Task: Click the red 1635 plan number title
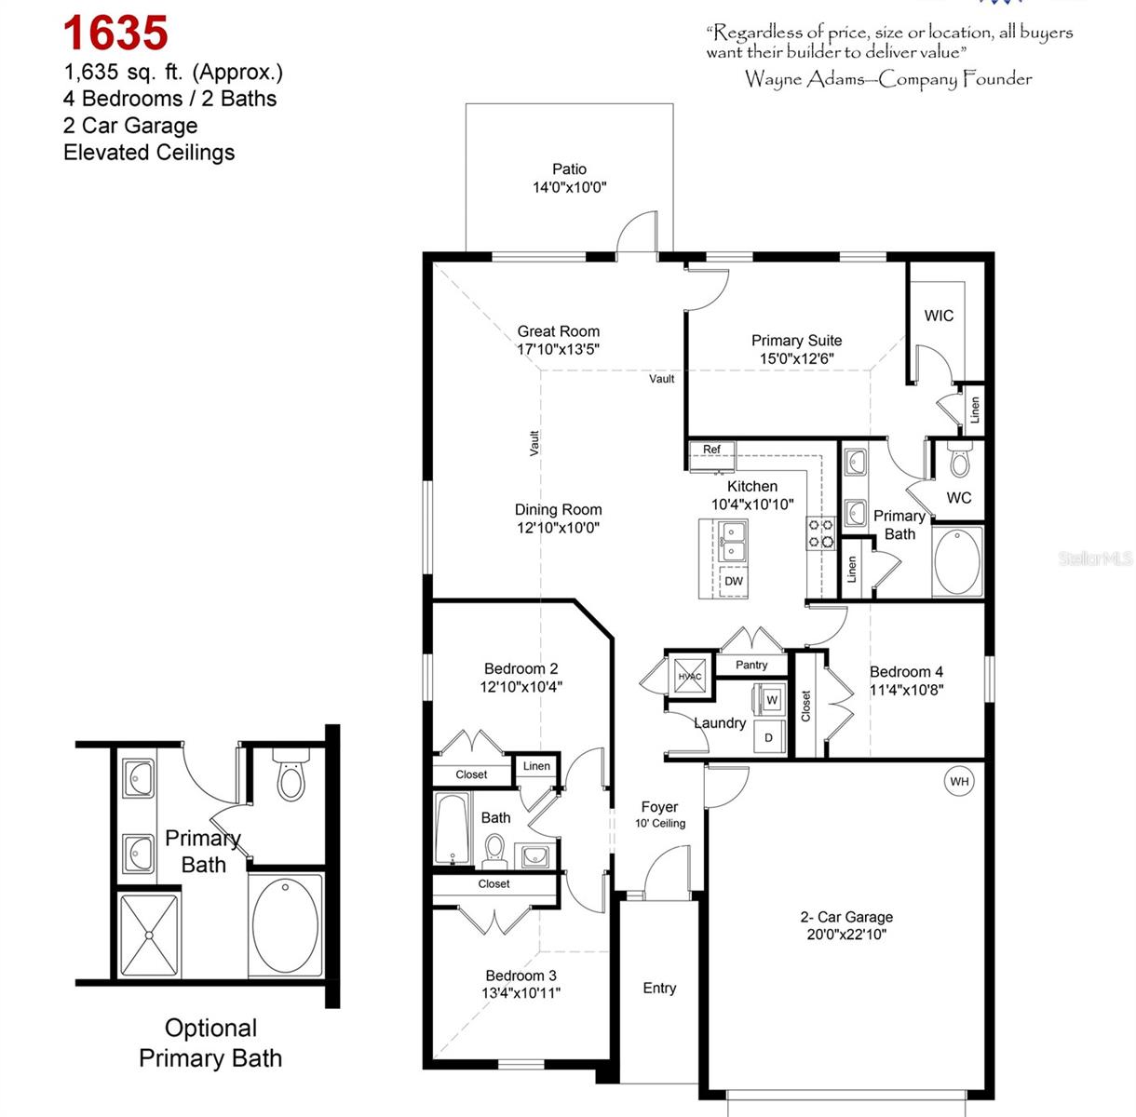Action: [x=115, y=34]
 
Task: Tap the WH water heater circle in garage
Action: [x=959, y=781]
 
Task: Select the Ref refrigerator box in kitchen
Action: [x=712, y=451]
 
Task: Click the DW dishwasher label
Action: [x=734, y=581]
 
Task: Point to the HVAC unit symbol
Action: [x=690, y=677]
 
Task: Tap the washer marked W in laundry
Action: [x=771, y=700]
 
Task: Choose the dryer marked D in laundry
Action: [x=768, y=737]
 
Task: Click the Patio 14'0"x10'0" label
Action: [x=569, y=178]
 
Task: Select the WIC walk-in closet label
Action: [x=939, y=316]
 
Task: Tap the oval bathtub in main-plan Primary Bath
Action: [x=957, y=561]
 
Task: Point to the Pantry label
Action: [x=751, y=665]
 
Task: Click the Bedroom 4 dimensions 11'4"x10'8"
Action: [x=906, y=690]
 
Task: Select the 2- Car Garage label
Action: [x=846, y=917]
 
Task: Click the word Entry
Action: [x=659, y=988]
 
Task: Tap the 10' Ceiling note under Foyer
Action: [x=660, y=823]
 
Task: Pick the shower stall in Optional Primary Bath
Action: [x=148, y=935]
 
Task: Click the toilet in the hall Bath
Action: [x=494, y=849]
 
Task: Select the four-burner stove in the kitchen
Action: [x=820, y=533]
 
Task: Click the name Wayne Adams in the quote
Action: [x=804, y=79]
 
